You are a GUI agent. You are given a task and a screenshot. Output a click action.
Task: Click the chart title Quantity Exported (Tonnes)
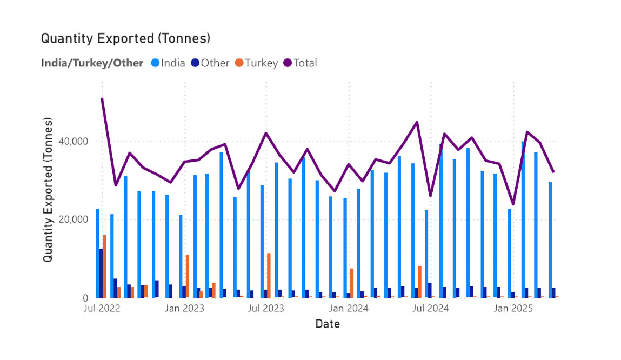[125, 39]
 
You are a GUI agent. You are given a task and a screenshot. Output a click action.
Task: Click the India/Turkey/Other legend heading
[92, 63]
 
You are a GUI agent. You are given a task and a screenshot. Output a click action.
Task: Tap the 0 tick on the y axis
[86, 298]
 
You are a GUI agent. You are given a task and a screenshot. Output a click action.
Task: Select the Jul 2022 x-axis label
[102, 309]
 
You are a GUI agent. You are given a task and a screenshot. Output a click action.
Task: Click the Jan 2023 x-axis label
[184, 309]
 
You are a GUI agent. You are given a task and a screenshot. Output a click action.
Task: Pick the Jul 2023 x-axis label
[266, 309]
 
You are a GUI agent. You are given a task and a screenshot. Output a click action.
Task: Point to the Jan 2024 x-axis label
[349, 309]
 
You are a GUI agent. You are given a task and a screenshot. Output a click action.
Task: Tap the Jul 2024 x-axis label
[431, 309]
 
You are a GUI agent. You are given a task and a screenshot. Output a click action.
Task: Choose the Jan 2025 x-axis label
[513, 309]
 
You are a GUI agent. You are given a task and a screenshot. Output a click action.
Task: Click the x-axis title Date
[328, 324]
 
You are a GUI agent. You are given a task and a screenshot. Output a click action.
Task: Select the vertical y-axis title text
[48, 190]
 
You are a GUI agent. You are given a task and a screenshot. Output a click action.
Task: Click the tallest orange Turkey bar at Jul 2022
[104, 266]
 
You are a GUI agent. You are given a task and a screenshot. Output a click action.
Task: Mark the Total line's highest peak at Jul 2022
[102, 98]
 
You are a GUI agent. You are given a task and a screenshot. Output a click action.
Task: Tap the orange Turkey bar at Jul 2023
[269, 275]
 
